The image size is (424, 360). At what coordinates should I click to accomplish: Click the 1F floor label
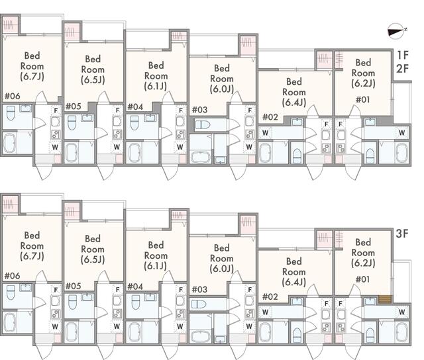point(402,55)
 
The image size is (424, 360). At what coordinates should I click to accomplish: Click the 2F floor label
point(402,69)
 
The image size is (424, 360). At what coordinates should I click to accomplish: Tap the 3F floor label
point(402,234)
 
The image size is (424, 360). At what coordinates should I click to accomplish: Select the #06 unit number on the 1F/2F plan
point(12,96)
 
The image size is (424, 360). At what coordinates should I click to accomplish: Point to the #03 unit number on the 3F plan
point(199,290)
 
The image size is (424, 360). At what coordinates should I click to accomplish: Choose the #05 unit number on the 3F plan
point(74,286)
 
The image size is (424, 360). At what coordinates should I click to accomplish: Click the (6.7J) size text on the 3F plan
point(32,256)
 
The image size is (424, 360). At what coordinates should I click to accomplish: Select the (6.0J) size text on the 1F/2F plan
point(221,89)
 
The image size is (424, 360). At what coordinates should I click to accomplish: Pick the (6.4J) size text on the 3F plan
point(293,272)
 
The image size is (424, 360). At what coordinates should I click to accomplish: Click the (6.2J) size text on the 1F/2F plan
point(363,83)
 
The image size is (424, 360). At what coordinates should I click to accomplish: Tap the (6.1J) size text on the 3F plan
point(156,265)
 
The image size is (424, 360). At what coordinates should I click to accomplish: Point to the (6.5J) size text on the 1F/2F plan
point(92,79)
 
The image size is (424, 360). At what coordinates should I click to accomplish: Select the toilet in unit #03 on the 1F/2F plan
point(203,124)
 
